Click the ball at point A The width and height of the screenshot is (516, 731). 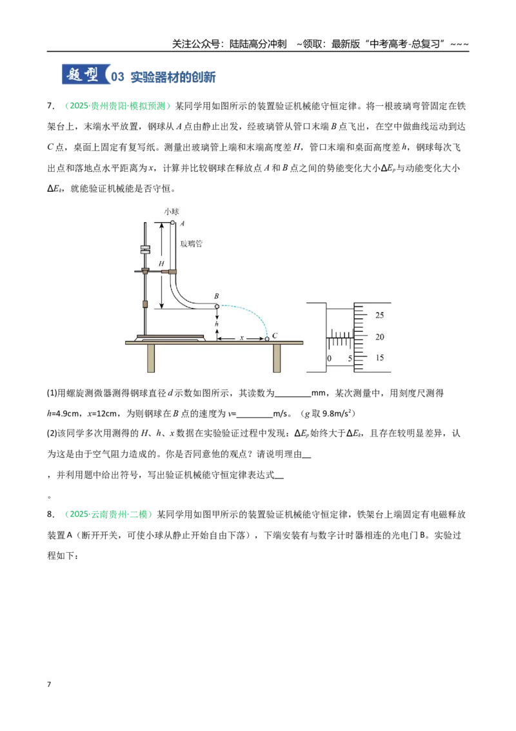173,223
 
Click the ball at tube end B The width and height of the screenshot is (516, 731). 217,306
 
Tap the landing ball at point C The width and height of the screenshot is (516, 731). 267,339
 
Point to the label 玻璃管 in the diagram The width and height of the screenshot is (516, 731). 192,244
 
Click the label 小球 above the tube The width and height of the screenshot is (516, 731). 172,212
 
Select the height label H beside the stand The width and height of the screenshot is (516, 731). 161,264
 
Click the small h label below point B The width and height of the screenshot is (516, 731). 217,324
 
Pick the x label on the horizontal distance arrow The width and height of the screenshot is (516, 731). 242,338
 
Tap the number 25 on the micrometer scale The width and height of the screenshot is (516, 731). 379,315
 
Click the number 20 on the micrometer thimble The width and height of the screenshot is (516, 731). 379,336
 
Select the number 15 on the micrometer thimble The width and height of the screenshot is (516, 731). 379,358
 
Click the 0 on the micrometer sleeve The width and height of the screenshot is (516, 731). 329,358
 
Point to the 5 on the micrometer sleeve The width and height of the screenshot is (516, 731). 350,358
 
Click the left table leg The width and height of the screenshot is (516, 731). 151,358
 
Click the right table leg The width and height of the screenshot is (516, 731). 277,358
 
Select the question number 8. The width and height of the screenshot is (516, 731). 50,514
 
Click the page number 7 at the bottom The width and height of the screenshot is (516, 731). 49,685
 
